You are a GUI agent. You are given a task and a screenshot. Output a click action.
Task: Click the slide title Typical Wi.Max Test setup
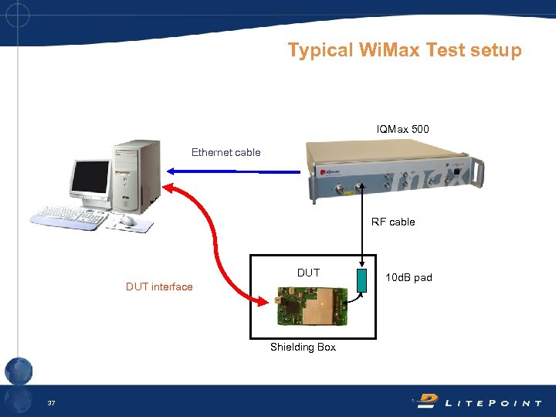(405, 50)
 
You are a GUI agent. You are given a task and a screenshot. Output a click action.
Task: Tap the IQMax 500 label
(402, 129)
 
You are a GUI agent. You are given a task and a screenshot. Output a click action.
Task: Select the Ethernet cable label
(225, 152)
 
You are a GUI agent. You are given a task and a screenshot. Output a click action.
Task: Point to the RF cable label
(393, 222)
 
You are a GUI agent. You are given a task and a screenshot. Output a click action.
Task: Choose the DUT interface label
(159, 286)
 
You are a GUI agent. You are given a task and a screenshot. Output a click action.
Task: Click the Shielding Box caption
(303, 347)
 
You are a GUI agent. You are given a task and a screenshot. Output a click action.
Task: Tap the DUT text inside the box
(308, 273)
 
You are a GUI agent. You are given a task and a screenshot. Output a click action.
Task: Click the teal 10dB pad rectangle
(360, 282)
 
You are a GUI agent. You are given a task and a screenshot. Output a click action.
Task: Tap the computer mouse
(127, 222)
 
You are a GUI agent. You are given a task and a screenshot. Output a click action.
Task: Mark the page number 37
(51, 403)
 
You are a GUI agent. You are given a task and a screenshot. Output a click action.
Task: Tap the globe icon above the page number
(19, 371)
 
